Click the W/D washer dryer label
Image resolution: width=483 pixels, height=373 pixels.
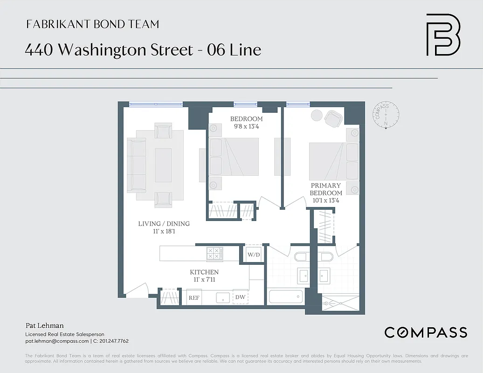point(254,255)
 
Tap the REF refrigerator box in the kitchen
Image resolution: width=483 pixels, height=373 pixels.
point(193,297)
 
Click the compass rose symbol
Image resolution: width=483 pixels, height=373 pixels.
point(386,115)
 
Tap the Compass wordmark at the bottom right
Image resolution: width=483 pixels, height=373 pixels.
point(425,332)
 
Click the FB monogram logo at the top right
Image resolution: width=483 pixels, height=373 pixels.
point(443,35)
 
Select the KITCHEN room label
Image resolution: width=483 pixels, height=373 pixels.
point(204,272)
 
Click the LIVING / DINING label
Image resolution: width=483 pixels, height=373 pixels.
point(164,224)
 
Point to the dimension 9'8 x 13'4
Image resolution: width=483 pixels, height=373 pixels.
point(246,126)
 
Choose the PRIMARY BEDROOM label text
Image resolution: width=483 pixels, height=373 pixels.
point(326,189)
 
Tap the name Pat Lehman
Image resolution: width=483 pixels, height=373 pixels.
point(44,325)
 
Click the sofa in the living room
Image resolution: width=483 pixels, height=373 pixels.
point(137,165)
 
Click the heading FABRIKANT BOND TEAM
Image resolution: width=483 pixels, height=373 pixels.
point(92,24)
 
